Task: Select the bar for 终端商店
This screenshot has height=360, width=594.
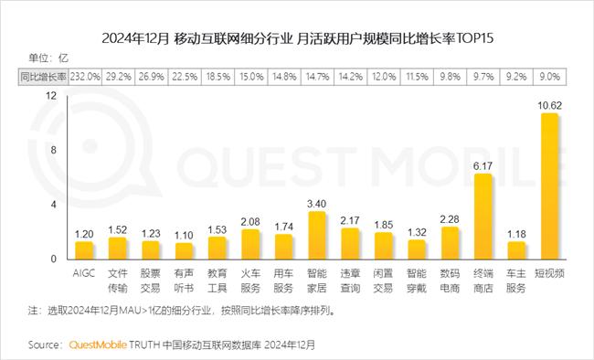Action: pyautogui.click(x=483, y=217)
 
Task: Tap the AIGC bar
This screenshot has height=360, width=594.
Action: pyautogui.click(x=84, y=249)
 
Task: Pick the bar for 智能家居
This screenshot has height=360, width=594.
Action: pyautogui.click(x=317, y=235)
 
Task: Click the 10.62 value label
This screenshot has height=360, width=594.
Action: pyautogui.click(x=549, y=105)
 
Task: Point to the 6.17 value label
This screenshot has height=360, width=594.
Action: pyautogui.click(x=483, y=165)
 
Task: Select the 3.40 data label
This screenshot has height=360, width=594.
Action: pyautogui.click(x=317, y=203)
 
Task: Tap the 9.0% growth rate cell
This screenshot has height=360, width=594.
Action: pyautogui.click(x=549, y=78)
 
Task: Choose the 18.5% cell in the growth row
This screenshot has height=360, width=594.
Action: pyautogui.click(x=217, y=78)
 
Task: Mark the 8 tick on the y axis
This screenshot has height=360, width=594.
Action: pyautogui.click(x=54, y=150)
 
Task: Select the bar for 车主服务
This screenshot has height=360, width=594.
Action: pyautogui.click(x=516, y=249)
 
